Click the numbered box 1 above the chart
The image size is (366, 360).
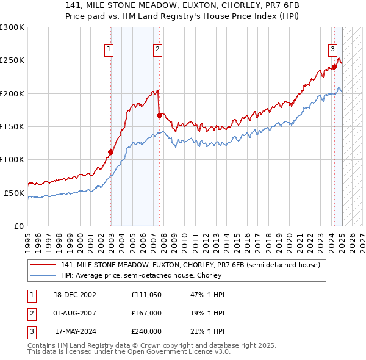tap(109, 50)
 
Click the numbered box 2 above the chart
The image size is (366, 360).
tap(157, 50)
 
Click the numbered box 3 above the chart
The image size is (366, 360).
tap(332, 50)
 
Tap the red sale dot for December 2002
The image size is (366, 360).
tap(111, 153)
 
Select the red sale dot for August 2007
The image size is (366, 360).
tap(159, 115)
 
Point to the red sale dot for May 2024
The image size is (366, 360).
tap(334, 67)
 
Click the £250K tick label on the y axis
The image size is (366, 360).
tap(12, 60)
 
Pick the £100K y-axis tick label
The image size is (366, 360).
tap(12, 160)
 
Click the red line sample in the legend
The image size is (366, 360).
tap(43, 265)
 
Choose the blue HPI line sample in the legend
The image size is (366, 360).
tap(43, 275)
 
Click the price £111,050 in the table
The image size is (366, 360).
tap(146, 295)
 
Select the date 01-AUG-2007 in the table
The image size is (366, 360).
tap(75, 313)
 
